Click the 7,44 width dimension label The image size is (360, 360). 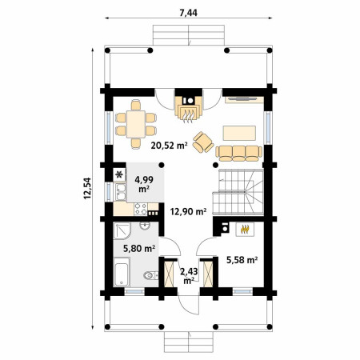188,13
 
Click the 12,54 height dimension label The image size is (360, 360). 87,188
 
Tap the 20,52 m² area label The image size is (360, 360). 169,146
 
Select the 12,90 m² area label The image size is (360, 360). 188,212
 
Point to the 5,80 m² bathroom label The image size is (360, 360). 139,249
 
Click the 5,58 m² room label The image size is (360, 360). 242,260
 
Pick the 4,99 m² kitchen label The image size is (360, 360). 144,184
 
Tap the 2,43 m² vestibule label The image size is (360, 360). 189,276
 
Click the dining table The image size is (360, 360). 136,124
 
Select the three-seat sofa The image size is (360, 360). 238,154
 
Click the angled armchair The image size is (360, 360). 203,142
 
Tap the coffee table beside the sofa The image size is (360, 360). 239,133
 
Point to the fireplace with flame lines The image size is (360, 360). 189,110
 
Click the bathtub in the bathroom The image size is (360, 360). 122,272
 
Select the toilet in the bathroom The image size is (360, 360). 150,275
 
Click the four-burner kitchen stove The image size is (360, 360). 140,209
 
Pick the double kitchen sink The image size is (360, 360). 121,192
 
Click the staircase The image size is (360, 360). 238,192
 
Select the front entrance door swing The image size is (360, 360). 189,305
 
